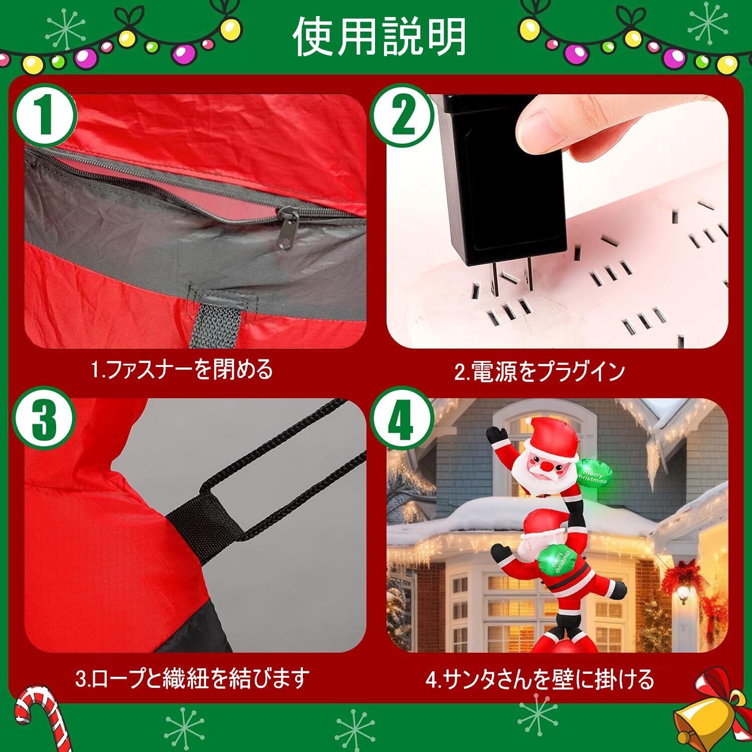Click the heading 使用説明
point(379,37)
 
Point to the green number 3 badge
point(45,420)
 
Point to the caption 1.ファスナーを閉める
point(181,370)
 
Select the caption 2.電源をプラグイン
point(539,371)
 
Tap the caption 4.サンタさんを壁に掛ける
point(539,679)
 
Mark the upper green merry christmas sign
point(594,471)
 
